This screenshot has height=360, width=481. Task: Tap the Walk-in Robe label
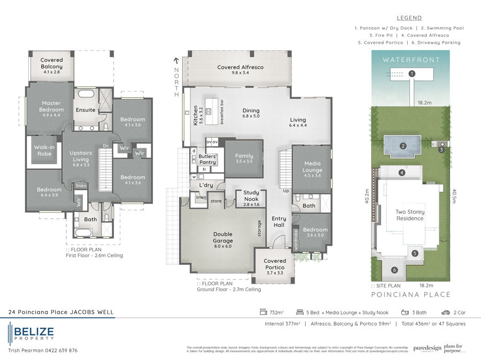pos(44,150)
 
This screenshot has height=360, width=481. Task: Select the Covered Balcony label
pos(52,64)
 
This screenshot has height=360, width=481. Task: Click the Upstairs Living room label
pos(82,155)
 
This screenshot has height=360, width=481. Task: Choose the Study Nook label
pos(251,195)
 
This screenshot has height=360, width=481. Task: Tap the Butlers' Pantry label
pos(207,159)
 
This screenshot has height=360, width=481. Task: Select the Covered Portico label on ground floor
pos(275,264)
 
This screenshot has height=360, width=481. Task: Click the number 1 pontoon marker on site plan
pos(412,74)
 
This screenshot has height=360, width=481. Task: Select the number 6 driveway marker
pos(394,270)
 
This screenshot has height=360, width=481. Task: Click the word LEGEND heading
pos(410,18)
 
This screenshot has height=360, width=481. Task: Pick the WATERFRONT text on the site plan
pos(411,60)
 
